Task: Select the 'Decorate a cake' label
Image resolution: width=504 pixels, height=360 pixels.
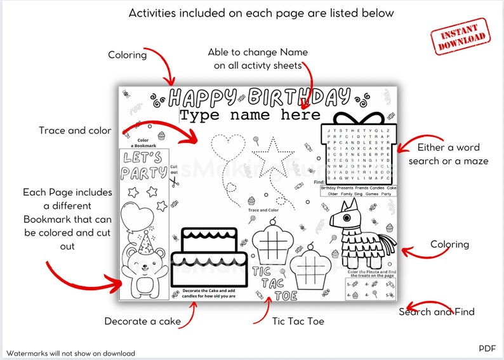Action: pyautogui.click(x=143, y=321)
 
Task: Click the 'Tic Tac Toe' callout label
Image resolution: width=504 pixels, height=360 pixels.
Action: pyautogui.click(x=298, y=321)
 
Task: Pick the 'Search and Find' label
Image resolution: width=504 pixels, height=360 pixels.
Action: pyautogui.click(x=437, y=312)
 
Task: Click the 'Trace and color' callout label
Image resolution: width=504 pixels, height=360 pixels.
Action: pyautogui.click(x=75, y=130)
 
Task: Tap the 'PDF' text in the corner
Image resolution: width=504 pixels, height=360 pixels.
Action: pyautogui.click(x=487, y=348)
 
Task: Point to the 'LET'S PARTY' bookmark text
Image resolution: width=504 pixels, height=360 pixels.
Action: pyautogui.click(x=143, y=165)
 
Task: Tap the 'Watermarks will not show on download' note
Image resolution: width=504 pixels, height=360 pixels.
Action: pyautogui.click(x=71, y=353)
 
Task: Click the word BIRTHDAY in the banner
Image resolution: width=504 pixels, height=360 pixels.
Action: pyautogui.click(x=299, y=97)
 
